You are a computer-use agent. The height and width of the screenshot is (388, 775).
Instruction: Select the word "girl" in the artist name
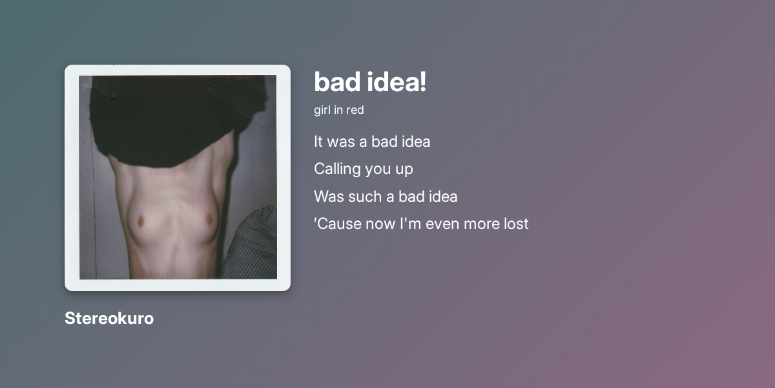click(322, 110)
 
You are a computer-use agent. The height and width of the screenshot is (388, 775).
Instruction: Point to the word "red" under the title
click(355, 110)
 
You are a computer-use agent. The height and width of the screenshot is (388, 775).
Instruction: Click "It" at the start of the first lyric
click(318, 141)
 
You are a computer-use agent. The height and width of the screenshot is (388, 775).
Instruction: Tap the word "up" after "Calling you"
click(404, 169)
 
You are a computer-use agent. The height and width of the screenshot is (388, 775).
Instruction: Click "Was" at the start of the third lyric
click(328, 196)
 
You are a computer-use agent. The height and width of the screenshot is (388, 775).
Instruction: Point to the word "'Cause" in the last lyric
click(336, 224)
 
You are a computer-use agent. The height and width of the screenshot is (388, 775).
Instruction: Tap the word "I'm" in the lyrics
click(409, 224)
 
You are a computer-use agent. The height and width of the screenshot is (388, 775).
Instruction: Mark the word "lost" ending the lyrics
click(517, 224)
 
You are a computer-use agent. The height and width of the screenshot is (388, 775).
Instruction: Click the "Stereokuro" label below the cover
click(109, 318)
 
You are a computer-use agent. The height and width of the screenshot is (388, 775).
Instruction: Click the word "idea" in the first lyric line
click(414, 141)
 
